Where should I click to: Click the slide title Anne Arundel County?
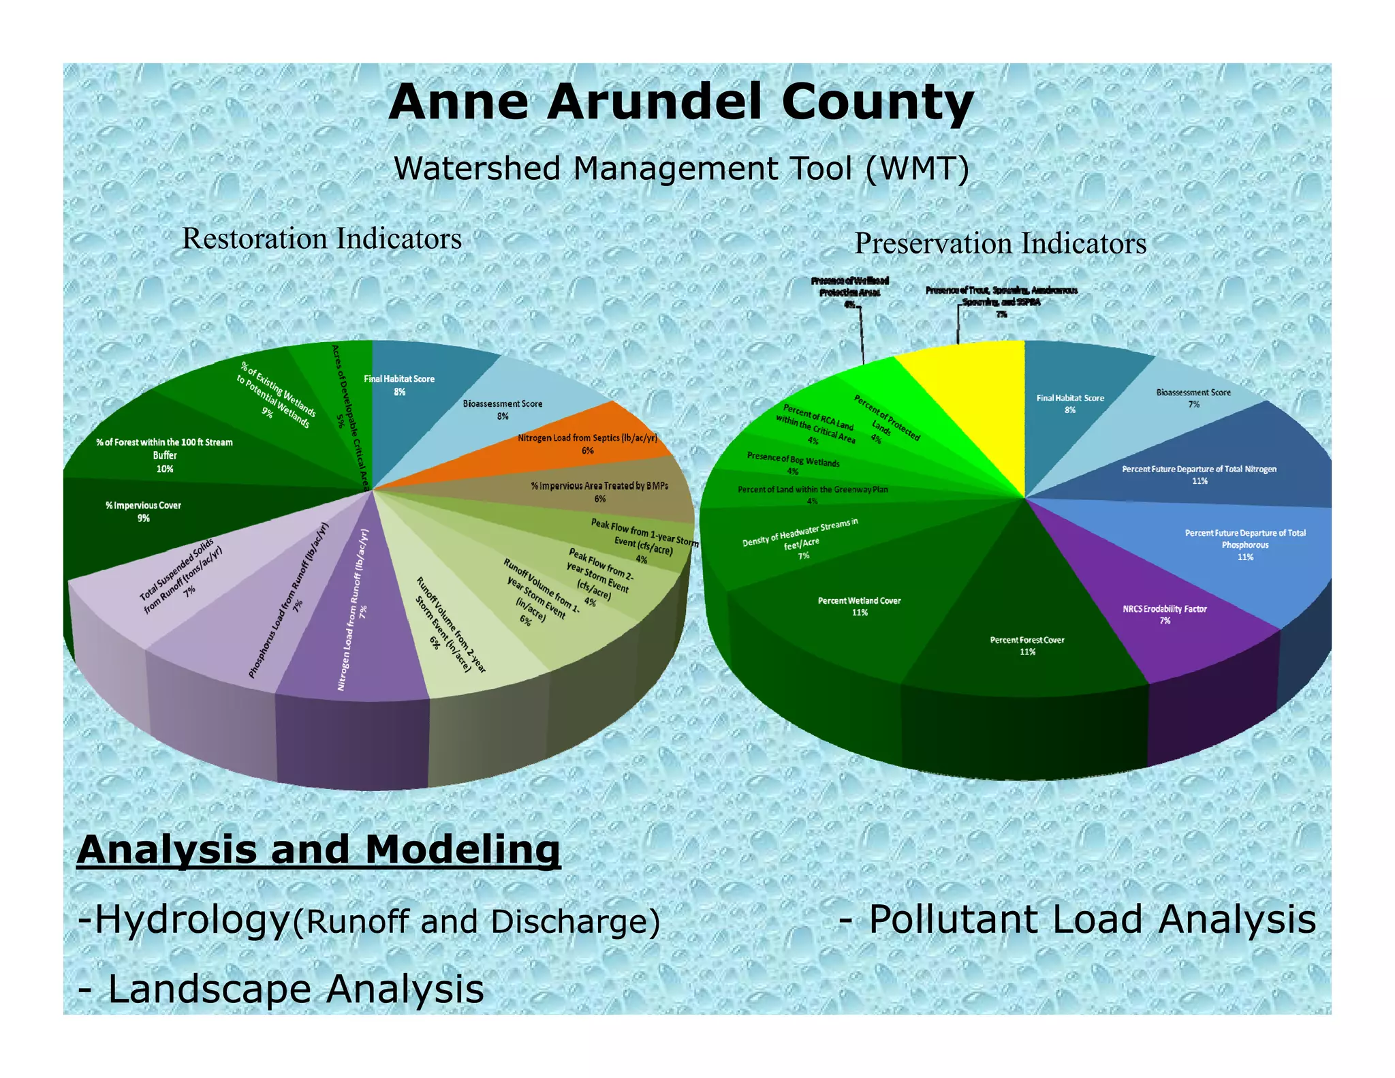(x=681, y=102)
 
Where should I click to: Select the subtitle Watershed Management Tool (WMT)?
(x=681, y=168)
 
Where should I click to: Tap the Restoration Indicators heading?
(x=322, y=239)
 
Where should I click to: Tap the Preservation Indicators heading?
(x=1000, y=244)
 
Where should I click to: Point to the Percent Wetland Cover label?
(x=860, y=606)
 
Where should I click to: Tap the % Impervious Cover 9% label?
(x=143, y=512)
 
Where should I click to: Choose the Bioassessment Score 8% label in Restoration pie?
(x=503, y=410)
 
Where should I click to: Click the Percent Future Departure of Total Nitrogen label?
(x=1200, y=475)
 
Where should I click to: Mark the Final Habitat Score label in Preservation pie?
(x=1070, y=403)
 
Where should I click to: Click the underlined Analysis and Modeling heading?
(x=319, y=850)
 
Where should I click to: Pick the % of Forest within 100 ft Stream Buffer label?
(x=164, y=455)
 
